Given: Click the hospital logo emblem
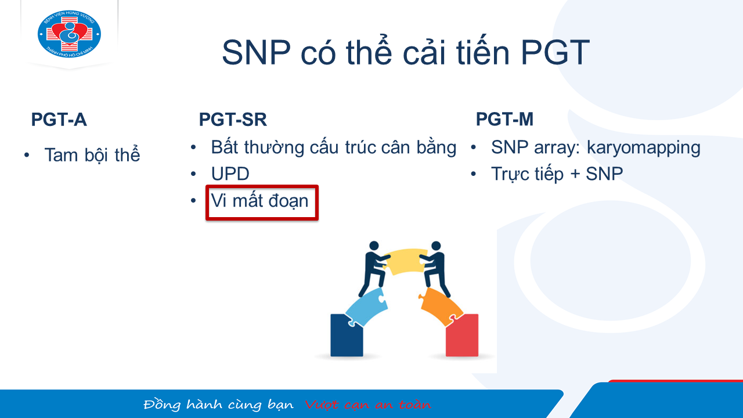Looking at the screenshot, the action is (69, 34).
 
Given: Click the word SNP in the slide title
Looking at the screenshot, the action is (257, 52).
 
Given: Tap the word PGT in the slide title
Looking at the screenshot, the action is (556, 52).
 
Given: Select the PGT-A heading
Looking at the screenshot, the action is (59, 120).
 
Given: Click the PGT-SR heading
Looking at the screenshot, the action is (233, 120).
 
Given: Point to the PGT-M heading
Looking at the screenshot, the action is (504, 119).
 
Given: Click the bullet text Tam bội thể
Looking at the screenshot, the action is (92, 154).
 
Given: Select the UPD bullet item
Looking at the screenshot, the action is (230, 174).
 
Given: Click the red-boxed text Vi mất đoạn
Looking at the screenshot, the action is (259, 201).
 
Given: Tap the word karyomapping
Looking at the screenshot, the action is (644, 148).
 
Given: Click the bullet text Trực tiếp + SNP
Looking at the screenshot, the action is (557, 174).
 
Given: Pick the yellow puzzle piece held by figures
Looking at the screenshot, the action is (405, 261).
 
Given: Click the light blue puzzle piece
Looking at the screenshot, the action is (366, 307).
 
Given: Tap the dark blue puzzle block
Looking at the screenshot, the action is (347, 336).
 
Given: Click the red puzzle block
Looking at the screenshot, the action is (462, 336).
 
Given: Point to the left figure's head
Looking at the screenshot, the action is (374, 246).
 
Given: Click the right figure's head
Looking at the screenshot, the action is (436, 246).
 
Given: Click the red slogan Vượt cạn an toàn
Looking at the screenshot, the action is (368, 405).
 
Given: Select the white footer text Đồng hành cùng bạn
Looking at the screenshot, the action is (219, 405).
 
